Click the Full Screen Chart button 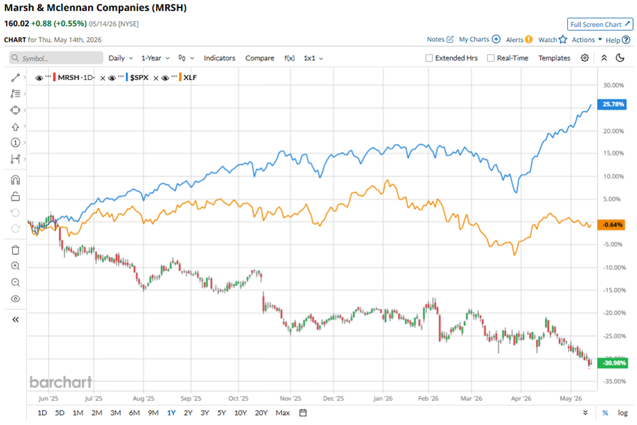pyautogui.click(x=600, y=24)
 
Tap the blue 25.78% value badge pyautogui.click(x=612, y=104)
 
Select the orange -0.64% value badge pyautogui.click(x=611, y=224)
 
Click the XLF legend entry pyautogui.click(x=190, y=77)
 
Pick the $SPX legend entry pyautogui.click(x=139, y=77)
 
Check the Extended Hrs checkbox pyautogui.click(x=429, y=58)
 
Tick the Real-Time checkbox pyautogui.click(x=491, y=58)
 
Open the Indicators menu pyautogui.click(x=220, y=58)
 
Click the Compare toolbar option pyautogui.click(x=260, y=58)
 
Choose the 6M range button pyautogui.click(x=134, y=413)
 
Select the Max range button pyautogui.click(x=283, y=413)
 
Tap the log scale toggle pyautogui.click(x=623, y=413)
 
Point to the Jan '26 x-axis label pyautogui.click(x=383, y=398)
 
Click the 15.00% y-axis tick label pyautogui.click(x=613, y=153)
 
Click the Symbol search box pyautogui.click(x=56, y=58)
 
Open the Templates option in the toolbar pyautogui.click(x=554, y=58)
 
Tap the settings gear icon pyautogui.click(x=585, y=58)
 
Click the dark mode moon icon pyautogui.click(x=620, y=58)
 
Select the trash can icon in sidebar pyautogui.click(x=16, y=250)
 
